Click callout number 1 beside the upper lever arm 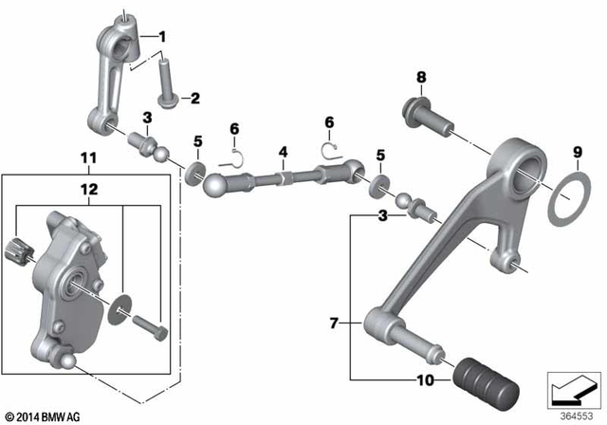point(162,37)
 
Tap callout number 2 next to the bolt point(195,97)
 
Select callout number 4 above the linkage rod point(282,151)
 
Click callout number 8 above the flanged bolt point(421,77)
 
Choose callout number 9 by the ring point(576,151)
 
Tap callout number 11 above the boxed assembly point(87,157)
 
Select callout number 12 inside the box point(87,190)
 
